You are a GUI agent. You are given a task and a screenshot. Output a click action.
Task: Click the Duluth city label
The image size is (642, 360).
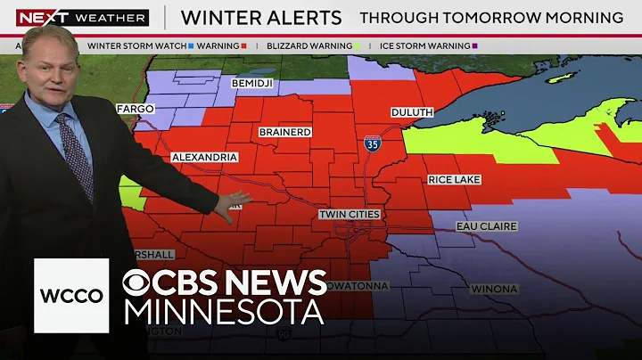[411, 112]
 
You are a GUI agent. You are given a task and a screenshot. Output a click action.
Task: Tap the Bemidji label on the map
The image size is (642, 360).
[251, 84]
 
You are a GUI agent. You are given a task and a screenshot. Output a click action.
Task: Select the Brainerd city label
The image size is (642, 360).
[285, 132]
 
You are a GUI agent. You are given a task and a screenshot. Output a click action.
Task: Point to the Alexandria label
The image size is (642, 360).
[204, 157]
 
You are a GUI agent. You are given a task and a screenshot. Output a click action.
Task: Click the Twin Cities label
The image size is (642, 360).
[350, 215]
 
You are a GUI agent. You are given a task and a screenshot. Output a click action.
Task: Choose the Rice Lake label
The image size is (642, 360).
[454, 180]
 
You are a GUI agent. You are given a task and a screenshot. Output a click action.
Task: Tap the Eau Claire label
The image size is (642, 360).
[487, 226]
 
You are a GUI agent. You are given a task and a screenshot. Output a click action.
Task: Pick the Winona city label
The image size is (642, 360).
[493, 289]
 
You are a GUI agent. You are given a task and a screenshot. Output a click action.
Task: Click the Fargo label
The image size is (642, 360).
[135, 109]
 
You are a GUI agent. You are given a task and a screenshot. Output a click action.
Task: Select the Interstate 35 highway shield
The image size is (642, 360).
[371, 144]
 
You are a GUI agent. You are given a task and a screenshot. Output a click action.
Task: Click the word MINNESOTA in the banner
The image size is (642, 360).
[223, 313]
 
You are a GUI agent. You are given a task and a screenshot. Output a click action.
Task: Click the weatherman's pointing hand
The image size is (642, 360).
[233, 204]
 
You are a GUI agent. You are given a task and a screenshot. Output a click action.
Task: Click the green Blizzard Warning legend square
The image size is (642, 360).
[358, 45]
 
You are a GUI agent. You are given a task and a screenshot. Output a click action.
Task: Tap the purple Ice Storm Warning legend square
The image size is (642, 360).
[475, 45]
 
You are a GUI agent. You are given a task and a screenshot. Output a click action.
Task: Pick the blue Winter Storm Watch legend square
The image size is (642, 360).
[191, 45]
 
